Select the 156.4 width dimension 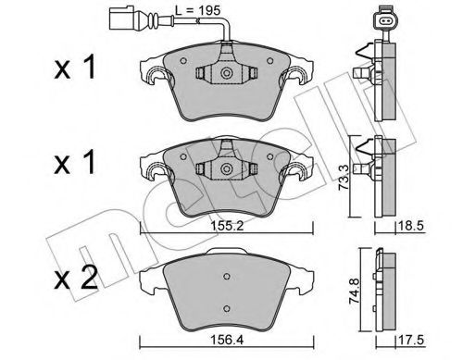pos(222,342)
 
